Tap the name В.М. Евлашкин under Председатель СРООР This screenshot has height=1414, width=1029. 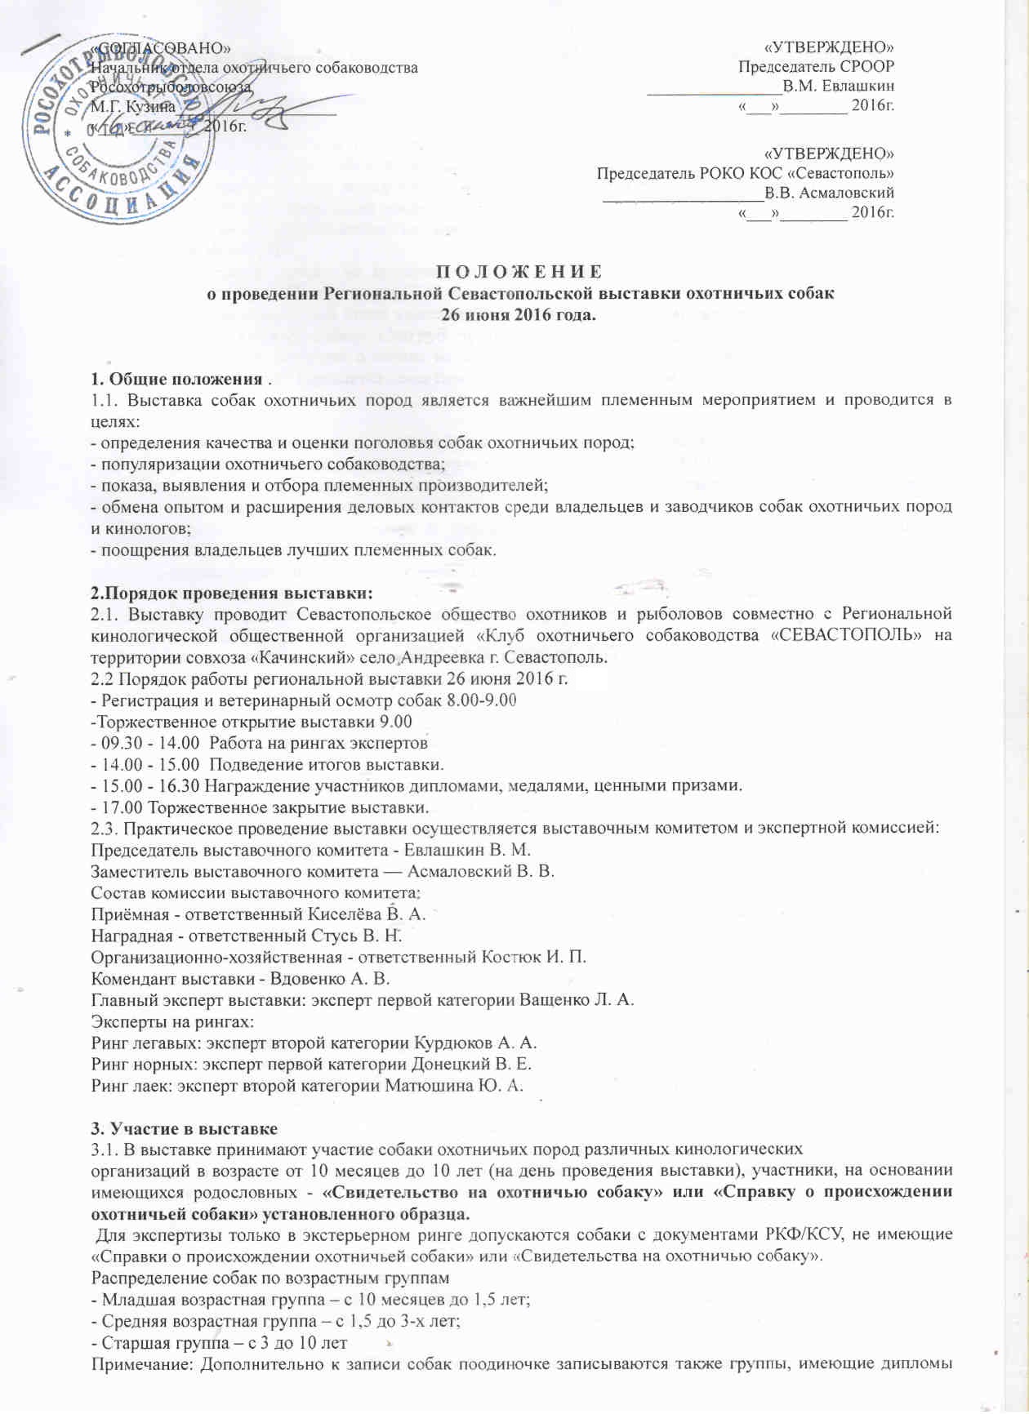[x=838, y=86]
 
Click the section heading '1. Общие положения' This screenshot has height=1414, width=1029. [x=176, y=380]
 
